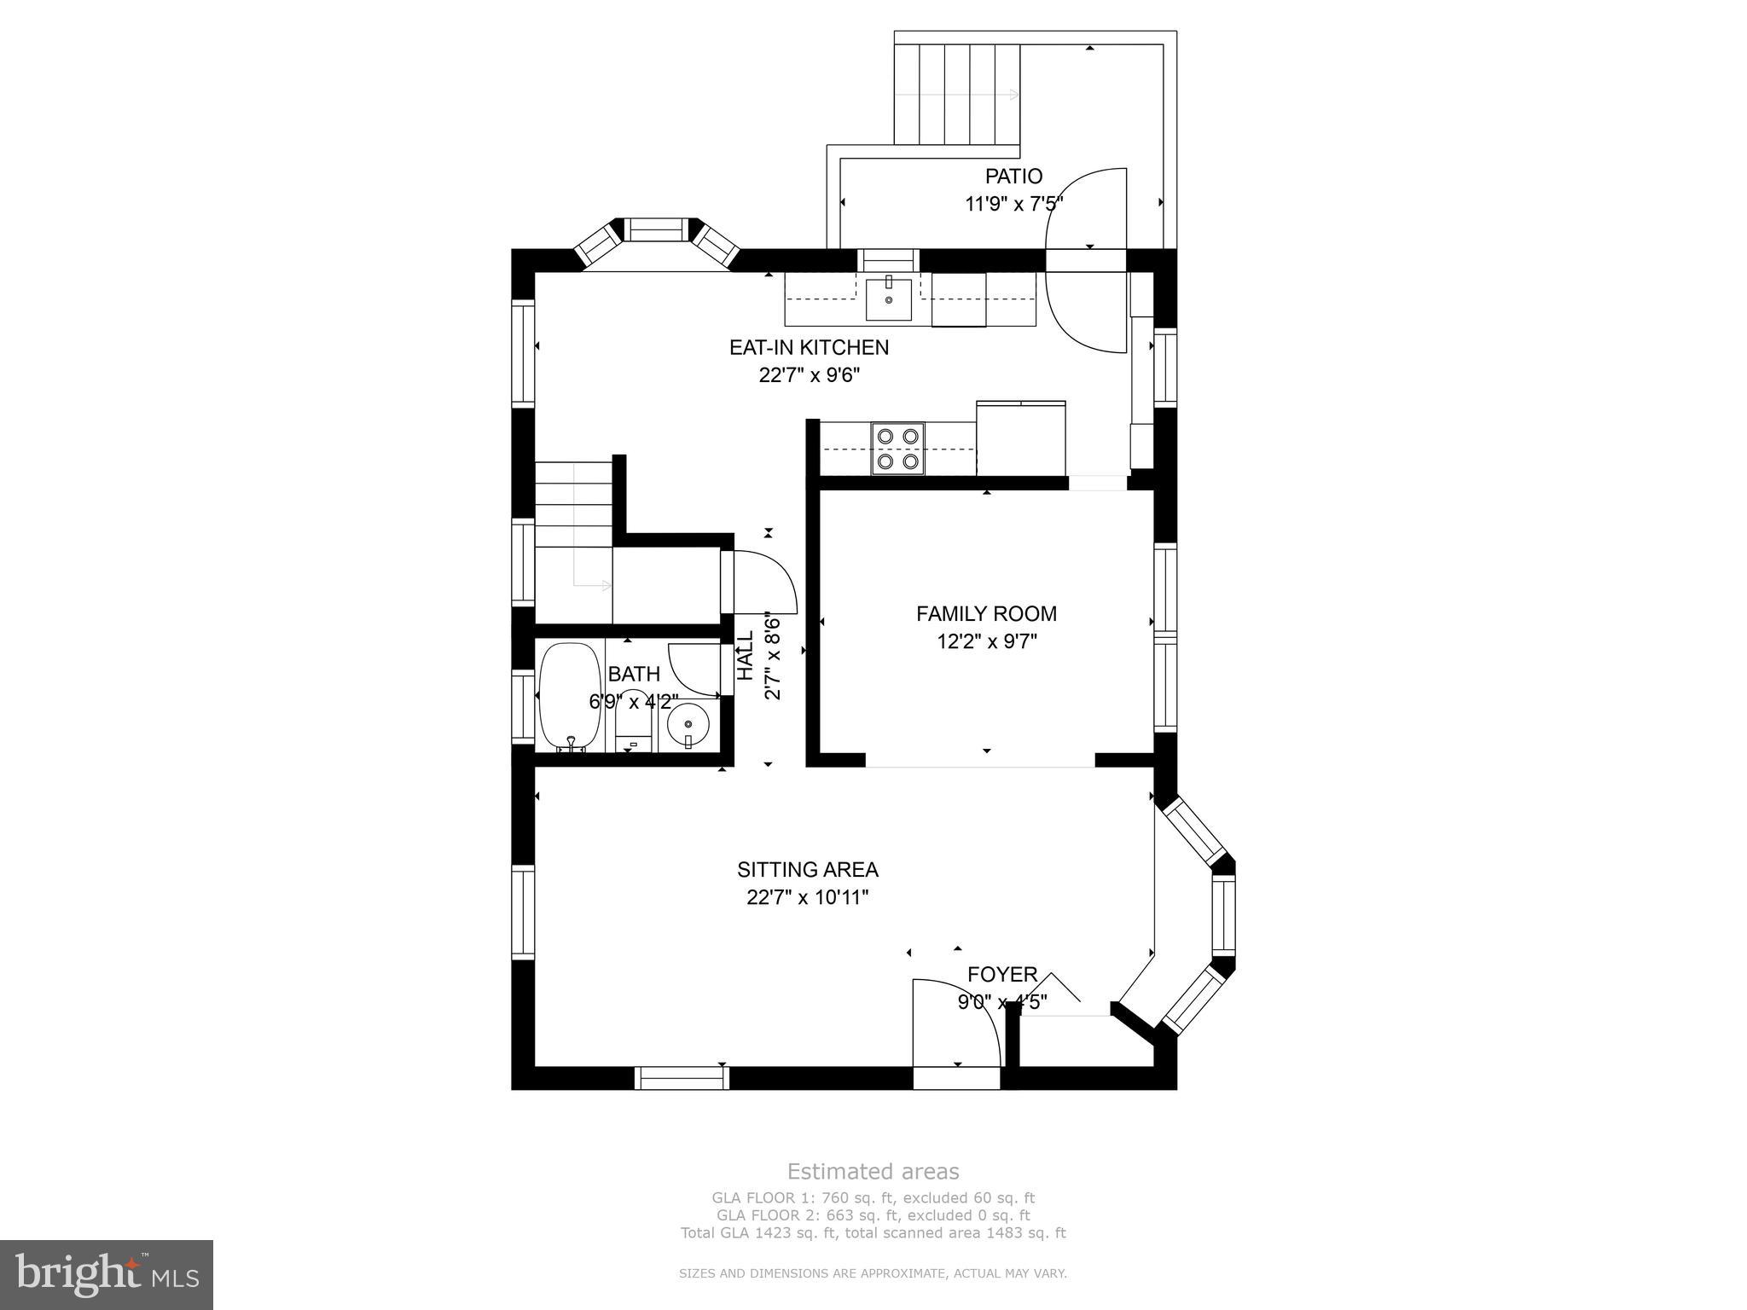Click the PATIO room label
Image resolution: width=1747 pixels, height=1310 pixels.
[x=1013, y=177]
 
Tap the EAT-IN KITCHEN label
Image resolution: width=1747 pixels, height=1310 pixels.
[x=809, y=348]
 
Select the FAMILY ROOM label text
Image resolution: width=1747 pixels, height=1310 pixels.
[x=986, y=614]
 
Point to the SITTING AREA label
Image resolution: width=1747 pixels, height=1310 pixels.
[x=808, y=870]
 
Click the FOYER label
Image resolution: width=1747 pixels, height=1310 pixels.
[x=1002, y=974]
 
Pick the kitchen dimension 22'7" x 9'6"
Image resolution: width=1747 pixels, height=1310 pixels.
[x=809, y=375]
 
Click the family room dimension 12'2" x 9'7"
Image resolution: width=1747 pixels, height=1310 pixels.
[x=986, y=641]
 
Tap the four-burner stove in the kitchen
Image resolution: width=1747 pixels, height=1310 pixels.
[x=898, y=449]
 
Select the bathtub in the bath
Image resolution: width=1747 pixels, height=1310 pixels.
[x=571, y=696]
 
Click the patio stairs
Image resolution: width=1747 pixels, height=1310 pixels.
[x=957, y=94]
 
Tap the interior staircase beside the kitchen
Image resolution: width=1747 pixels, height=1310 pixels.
[x=573, y=529]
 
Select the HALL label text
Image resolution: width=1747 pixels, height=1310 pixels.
[x=746, y=655]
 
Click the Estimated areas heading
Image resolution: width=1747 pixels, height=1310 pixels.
[x=873, y=1171]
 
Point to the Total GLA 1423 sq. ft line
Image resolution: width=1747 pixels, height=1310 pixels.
[x=873, y=1232]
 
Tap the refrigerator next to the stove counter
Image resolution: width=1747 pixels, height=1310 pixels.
[x=1021, y=438]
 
